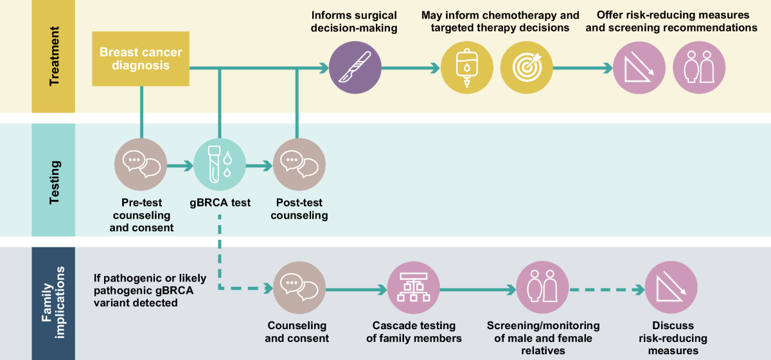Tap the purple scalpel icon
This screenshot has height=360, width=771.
355,67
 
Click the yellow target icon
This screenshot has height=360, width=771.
526,67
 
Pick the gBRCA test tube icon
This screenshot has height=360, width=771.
220,165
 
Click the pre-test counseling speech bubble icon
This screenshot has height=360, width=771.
141,165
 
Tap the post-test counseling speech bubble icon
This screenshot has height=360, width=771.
299,165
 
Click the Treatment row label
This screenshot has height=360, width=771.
54,57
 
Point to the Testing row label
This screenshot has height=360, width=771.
54,181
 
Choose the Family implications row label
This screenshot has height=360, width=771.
54,303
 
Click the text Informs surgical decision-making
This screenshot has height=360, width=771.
354,21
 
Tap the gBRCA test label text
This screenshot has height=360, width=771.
220,203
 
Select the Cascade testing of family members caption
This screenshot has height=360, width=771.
414,332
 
